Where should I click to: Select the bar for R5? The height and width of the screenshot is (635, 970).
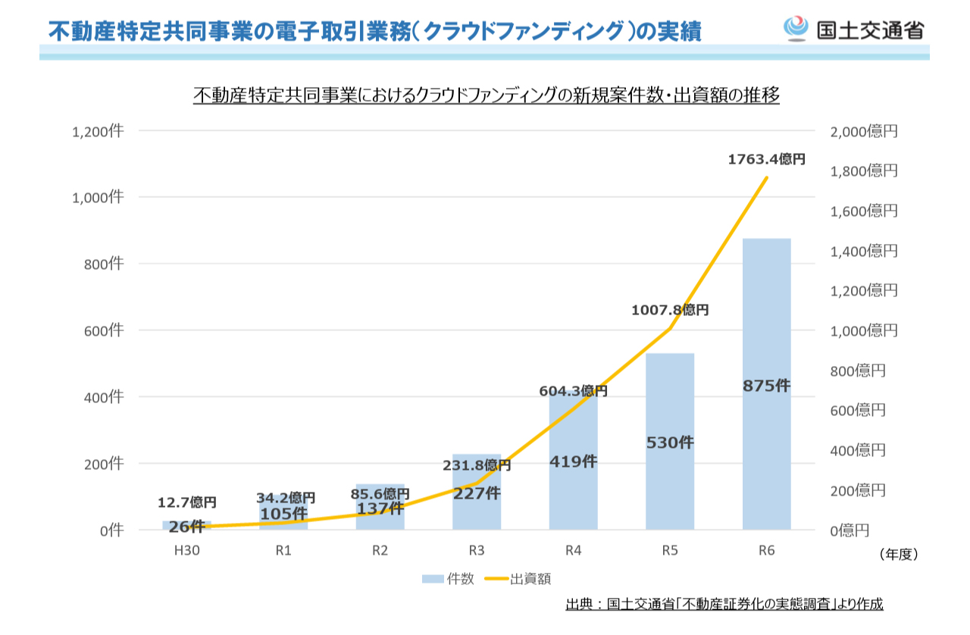[x=670, y=485]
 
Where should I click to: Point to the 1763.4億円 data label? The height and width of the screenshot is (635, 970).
[x=766, y=159]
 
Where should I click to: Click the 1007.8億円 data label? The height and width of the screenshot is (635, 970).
[x=670, y=310]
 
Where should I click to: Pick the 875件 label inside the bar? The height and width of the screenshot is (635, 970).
[x=766, y=386]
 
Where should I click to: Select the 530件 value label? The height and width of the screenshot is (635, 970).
[x=670, y=443]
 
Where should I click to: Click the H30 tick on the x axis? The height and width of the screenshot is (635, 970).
[x=187, y=551]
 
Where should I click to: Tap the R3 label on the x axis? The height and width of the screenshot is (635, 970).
[x=477, y=551]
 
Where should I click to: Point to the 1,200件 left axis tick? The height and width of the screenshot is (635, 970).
[x=97, y=131]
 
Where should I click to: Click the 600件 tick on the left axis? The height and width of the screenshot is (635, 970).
[x=102, y=330]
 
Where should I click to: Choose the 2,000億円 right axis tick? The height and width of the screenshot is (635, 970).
[x=864, y=131]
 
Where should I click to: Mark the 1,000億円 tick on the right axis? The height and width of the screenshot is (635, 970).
[x=864, y=330]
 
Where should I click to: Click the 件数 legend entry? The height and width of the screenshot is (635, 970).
[x=449, y=579]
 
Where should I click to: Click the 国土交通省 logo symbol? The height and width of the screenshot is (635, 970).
[x=796, y=30]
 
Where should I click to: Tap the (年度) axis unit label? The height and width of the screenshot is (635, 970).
[x=899, y=555]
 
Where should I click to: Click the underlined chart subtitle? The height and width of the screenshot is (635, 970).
[x=486, y=96]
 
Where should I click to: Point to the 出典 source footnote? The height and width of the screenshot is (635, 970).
[x=724, y=604]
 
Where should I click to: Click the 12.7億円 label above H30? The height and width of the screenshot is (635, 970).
[x=187, y=502]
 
